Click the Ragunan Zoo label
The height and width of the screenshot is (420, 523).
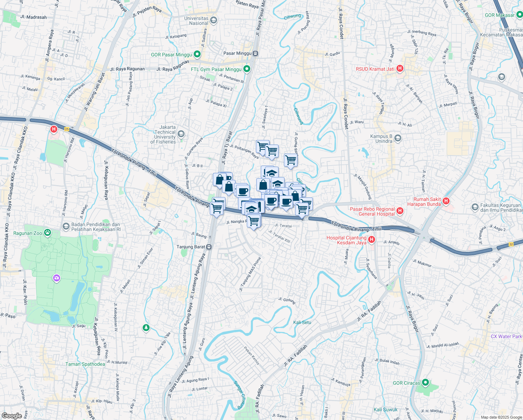[28, 233]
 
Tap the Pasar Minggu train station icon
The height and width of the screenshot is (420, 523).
[256, 54]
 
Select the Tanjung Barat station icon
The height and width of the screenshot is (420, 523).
[209, 247]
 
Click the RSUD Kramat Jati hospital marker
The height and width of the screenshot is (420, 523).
[400, 69]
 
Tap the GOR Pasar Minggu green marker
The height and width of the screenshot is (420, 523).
[197, 55]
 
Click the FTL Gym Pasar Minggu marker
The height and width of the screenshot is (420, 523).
[247, 69]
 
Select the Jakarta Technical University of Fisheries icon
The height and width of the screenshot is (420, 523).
[181, 134]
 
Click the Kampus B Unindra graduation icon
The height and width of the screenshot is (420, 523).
[397, 139]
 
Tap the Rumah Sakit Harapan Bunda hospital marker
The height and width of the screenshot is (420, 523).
[446, 201]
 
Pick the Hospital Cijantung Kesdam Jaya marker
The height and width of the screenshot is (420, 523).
[372, 240]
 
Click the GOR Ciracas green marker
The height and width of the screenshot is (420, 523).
[425, 383]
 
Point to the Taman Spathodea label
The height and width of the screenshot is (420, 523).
[85, 364]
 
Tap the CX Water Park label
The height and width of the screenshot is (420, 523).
[506, 336]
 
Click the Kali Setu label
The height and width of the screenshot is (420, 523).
[302, 322]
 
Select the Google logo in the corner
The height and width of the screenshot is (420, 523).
[12, 415]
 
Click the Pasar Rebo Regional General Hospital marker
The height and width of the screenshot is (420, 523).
[400, 211]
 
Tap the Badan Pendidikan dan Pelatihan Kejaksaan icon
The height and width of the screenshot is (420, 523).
[66, 226]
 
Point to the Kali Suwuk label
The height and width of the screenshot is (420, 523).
[385, 409]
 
